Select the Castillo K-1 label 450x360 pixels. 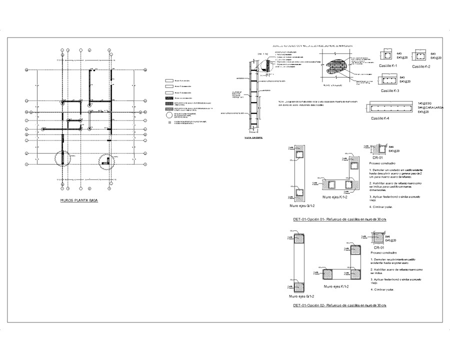pyautogui.click(x=388, y=66)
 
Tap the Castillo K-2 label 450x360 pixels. pyautogui.click(x=422, y=66)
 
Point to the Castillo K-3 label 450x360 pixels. pyautogui.click(x=389, y=90)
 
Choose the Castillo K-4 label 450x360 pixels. pyautogui.click(x=381, y=118)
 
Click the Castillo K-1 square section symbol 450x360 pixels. pyautogui.click(x=387, y=55)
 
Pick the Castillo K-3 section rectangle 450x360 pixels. pyautogui.click(x=389, y=79)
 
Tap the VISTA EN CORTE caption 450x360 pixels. pyautogui.click(x=254, y=136)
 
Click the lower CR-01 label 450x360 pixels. pyautogui.click(x=378, y=247)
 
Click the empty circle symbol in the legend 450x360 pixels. pyautogui.click(x=169, y=114)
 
